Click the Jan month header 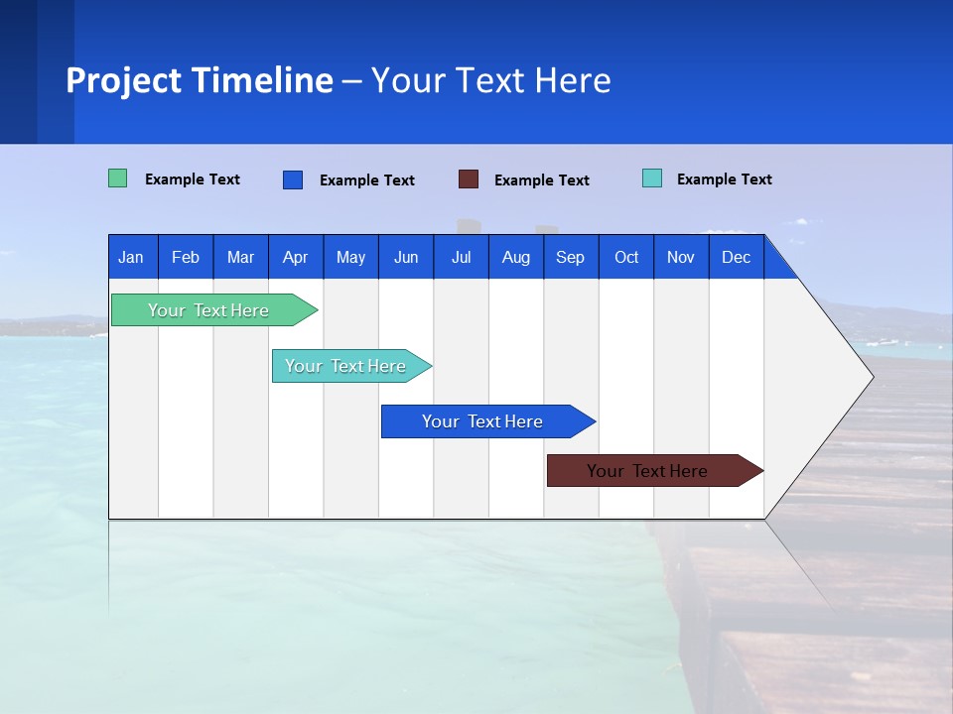(132, 257)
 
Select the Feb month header (186, 257)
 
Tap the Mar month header (240, 257)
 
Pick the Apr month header (296, 257)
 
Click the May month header (350, 257)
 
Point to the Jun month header (406, 257)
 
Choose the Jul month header (461, 257)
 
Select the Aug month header (516, 257)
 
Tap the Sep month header (571, 257)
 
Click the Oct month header (626, 257)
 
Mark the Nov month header (681, 257)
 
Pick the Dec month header (737, 257)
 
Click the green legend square (118, 178)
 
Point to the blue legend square (293, 179)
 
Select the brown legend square (469, 179)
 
